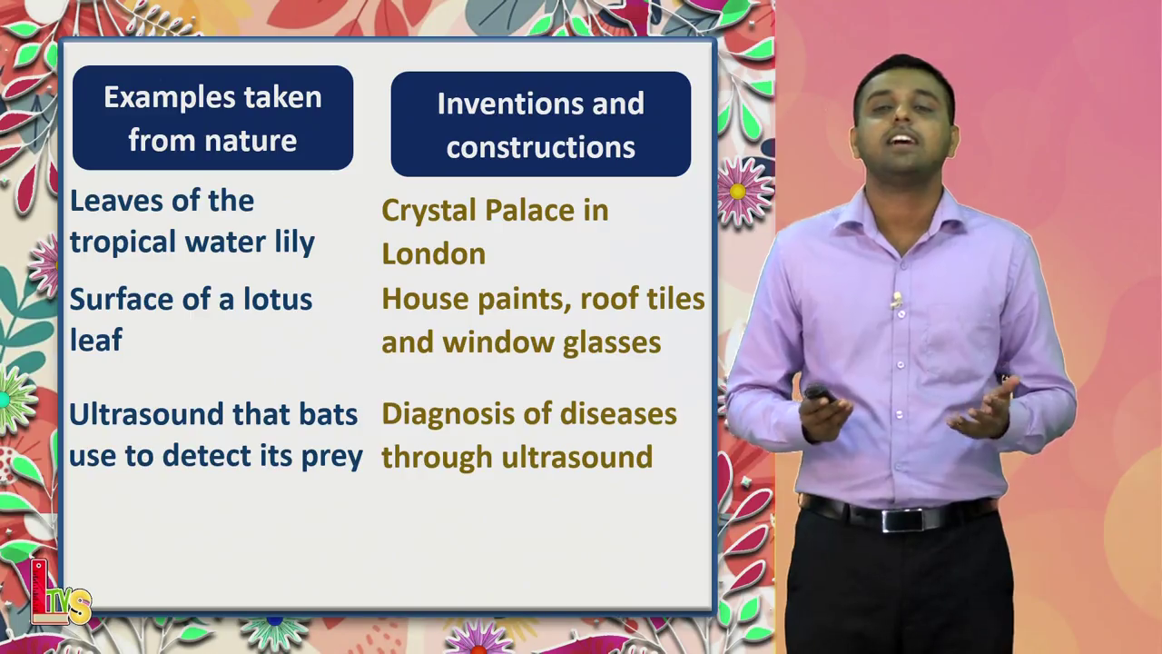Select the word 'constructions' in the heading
[x=540, y=147]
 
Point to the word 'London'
[x=434, y=254]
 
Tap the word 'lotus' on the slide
[x=278, y=300]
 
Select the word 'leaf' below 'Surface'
[x=96, y=340]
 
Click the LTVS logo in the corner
[x=60, y=593]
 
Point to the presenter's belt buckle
[x=902, y=520]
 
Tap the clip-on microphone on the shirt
[x=896, y=300]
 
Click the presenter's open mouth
[x=902, y=141]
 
